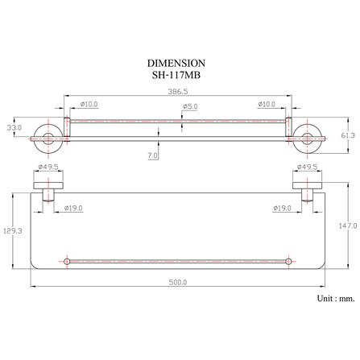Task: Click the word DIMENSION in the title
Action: tap(176, 64)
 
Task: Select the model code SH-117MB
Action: tap(176, 75)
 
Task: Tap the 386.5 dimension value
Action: tap(178, 92)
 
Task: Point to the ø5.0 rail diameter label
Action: tap(190, 106)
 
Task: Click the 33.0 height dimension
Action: tap(14, 127)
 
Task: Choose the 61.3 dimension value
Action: tap(348, 135)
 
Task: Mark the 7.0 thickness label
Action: tap(153, 155)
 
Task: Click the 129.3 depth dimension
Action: tap(13, 230)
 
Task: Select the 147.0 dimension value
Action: tap(348, 226)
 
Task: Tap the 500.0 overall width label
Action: tap(178, 282)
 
